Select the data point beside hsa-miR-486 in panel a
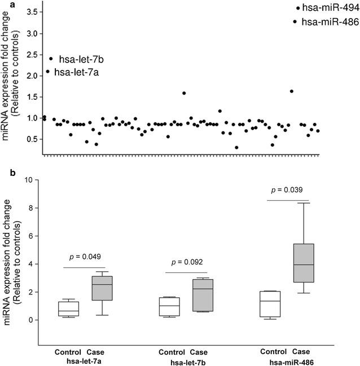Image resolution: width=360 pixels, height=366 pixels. pyautogui.click(x=295, y=21)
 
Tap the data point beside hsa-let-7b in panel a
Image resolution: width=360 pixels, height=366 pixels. pyautogui.click(x=51, y=59)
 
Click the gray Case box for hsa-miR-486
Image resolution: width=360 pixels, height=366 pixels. pyautogui.click(x=305, y=262)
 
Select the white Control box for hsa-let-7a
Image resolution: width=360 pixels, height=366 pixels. pyautogui.click(x=68, y=309)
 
